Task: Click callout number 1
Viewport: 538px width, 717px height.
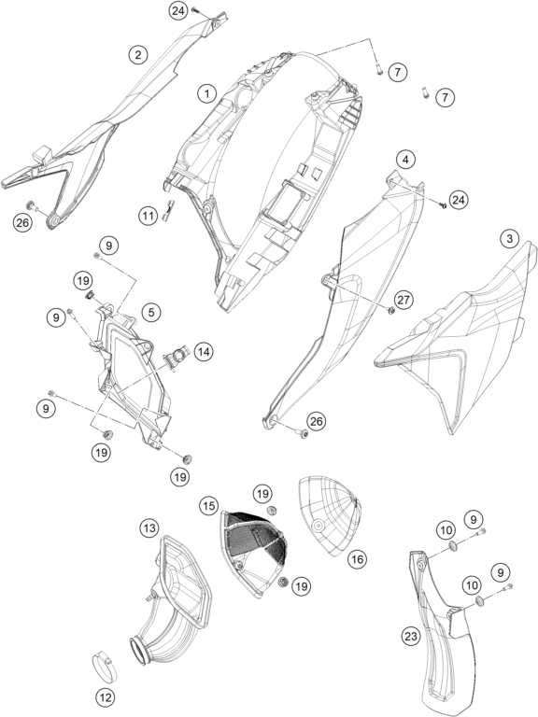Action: coord(206,94)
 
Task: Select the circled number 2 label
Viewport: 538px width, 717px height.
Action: coord(137,55)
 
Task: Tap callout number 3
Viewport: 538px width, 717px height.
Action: coord(509,238)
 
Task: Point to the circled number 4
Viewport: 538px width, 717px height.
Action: coord(405,160)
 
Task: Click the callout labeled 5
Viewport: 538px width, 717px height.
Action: coord(151,313)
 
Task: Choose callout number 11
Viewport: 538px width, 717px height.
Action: coord(149,215)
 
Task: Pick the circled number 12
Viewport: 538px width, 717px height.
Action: coord(106,697)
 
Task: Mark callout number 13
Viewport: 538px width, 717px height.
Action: coord(149,528)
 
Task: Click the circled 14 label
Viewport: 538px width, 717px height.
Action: coord(204,352)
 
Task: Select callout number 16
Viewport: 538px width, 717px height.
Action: coord(358,559)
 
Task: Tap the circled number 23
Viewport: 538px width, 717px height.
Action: coord(411,636)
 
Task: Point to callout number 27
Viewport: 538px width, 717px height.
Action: coord(403,300)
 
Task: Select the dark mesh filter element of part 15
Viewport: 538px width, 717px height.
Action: coord(255,534)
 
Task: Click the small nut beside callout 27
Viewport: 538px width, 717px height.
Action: coord(391,311)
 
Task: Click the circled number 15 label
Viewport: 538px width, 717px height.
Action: coord(208,506)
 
